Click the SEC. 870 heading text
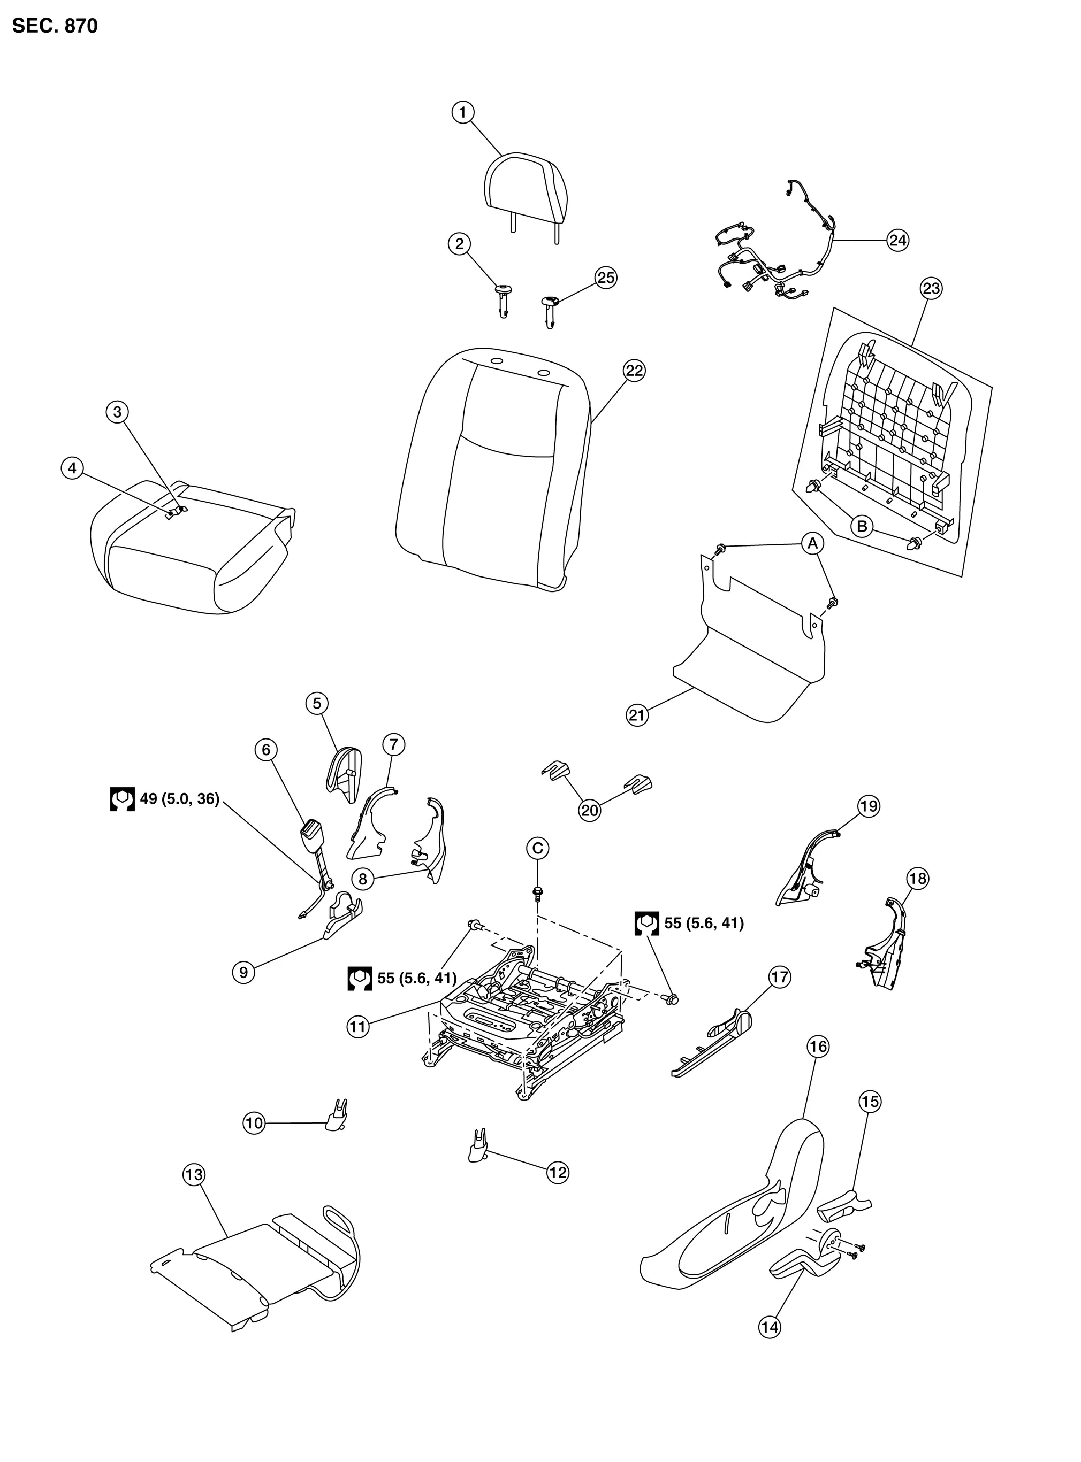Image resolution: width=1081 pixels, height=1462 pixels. [x=55, y=26]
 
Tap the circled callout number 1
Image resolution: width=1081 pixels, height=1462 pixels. [x=462, y=112]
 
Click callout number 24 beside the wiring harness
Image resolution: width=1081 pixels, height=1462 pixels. [x=898, y=241]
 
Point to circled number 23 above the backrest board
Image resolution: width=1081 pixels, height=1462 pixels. [x=931, y=288]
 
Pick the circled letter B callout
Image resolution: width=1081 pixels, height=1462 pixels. [x=863, y=526]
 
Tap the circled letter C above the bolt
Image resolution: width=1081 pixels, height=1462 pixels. [x=537, y=849]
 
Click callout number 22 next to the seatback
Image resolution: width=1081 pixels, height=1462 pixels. [x=634, y=371]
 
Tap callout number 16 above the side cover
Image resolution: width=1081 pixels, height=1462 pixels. [x=818, y=1047]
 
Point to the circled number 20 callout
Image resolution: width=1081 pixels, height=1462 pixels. [x=590, y=811]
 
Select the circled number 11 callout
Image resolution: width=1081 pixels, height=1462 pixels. [x=358, y=1027]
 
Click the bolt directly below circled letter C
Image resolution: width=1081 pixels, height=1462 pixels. [x=537, y=893]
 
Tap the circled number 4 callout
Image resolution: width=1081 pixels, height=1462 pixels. [x=72, y=468]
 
